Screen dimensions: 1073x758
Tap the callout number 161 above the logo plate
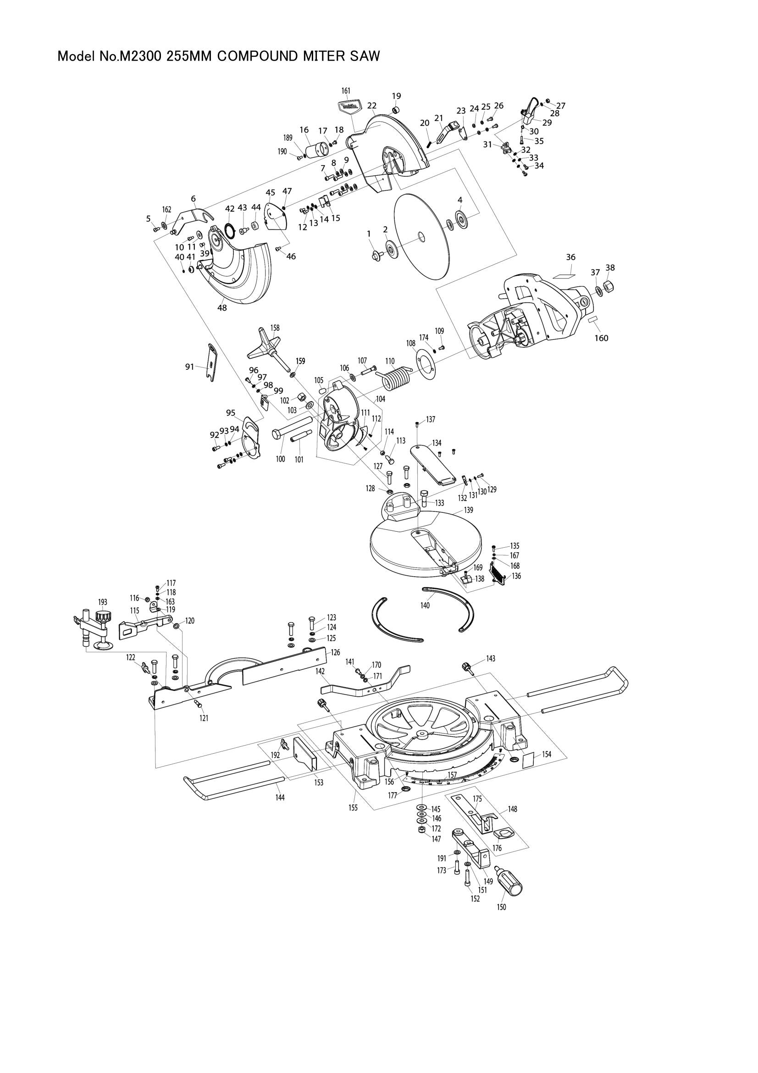point(346,91)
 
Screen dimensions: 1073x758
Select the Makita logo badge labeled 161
point(349,107)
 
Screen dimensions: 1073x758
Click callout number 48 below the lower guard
point(222,308)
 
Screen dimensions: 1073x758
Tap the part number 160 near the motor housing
point(601,338)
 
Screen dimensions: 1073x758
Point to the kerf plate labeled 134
point(434,465)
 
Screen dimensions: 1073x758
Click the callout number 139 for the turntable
point(468,509)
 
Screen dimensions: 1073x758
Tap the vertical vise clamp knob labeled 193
point(102,619)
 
